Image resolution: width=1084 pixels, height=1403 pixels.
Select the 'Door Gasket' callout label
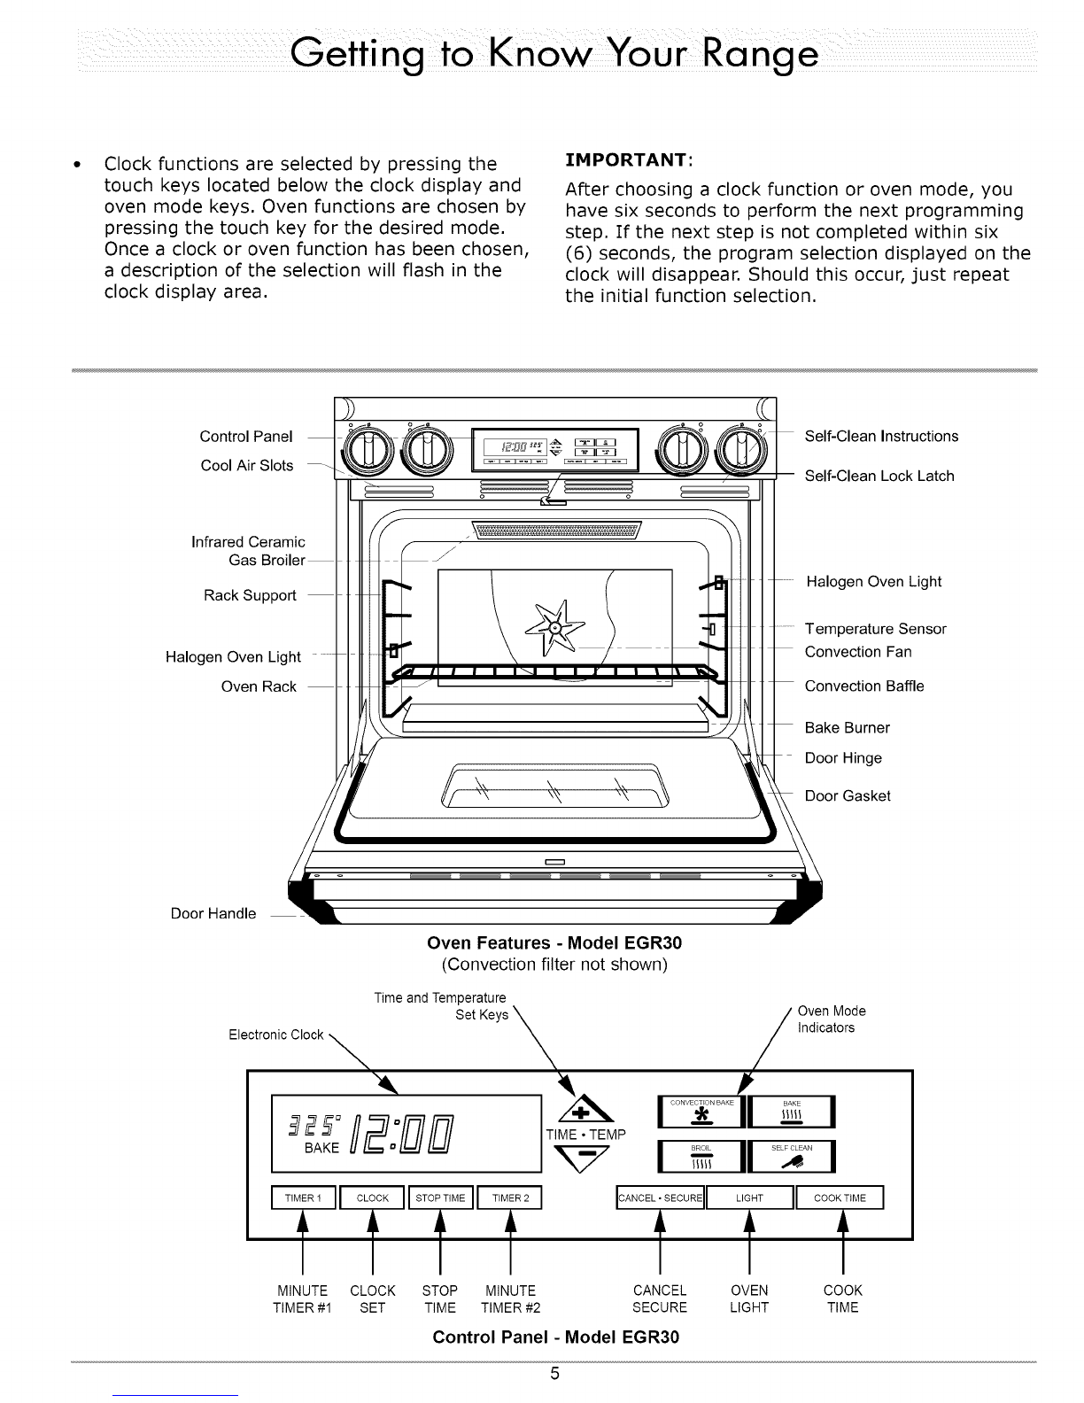pos(847,795)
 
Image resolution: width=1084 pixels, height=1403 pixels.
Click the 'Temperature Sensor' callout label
pos(875,629)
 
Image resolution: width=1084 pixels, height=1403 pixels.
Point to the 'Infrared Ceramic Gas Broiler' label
pos(248,551)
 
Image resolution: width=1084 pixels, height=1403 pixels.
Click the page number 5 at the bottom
pos(554,1375)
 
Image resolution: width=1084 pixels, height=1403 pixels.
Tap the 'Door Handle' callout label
pos(213,913)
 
